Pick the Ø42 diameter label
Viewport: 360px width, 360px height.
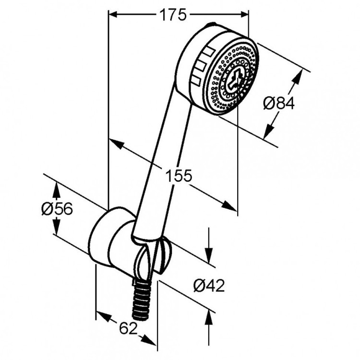[209, 286]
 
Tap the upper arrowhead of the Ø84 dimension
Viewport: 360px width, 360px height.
[300, 74]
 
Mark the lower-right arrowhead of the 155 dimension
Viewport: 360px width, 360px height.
[231, 207]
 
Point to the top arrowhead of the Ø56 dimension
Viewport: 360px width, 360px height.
[57, 189]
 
